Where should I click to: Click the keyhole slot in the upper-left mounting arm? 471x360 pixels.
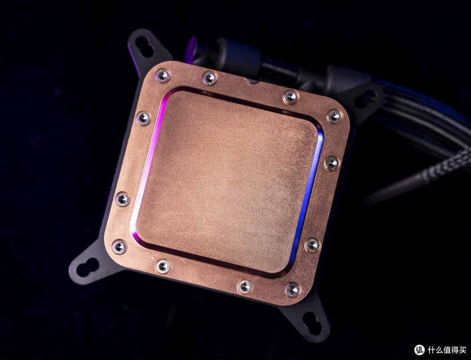point(144,47)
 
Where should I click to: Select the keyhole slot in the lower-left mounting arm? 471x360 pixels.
point(88,267)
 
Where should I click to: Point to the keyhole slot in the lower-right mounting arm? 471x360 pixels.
point(312,323)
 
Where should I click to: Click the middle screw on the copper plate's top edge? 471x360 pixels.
point(210,78)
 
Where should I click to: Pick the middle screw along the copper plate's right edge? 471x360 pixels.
point(332,164)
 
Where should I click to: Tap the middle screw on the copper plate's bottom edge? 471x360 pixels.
point(245,287)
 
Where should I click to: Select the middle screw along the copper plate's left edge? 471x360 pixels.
point(123,199)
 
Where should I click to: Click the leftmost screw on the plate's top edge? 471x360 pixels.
point(163,75)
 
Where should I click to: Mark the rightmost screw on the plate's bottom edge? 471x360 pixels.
point(293,290)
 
